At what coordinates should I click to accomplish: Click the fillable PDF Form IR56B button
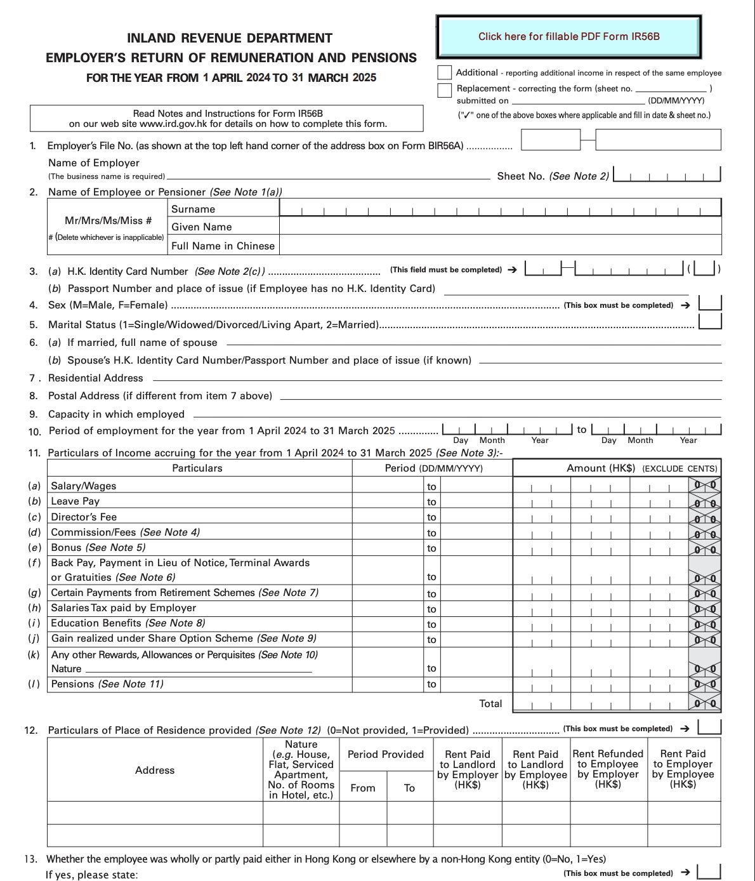click(x=568, y=37)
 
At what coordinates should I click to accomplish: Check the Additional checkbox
click(x=445, y=72)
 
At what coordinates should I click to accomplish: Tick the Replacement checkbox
click(x=445, y=89)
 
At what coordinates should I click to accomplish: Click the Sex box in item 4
click(x=710, y=303)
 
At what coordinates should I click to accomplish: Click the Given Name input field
click(x=500, y=227)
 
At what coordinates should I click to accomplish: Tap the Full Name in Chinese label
click(x=223, y=246)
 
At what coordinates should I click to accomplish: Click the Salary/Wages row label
click(x=84, y=486)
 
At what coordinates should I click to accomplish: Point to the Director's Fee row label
click(x=84, y=517)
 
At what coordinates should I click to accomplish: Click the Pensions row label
click(x=71, y=684)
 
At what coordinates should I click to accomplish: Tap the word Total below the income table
click(x=490, y=703)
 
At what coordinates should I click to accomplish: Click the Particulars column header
click(x=197, y=468)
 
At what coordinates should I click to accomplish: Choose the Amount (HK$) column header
click(x=600, y=468)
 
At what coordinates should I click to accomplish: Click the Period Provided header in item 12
click(x=386, y=755)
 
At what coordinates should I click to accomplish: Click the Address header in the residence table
click(x=155, y=770)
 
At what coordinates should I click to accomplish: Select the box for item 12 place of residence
click(x=709, y=727)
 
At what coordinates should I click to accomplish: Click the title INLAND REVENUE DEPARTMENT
click(x=230, y=38)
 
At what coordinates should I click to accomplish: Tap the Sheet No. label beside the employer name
click(x=520, y=176)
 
